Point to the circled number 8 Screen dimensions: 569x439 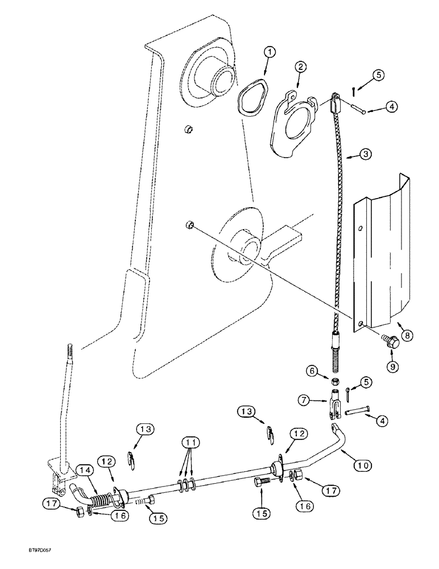[405, 336]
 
